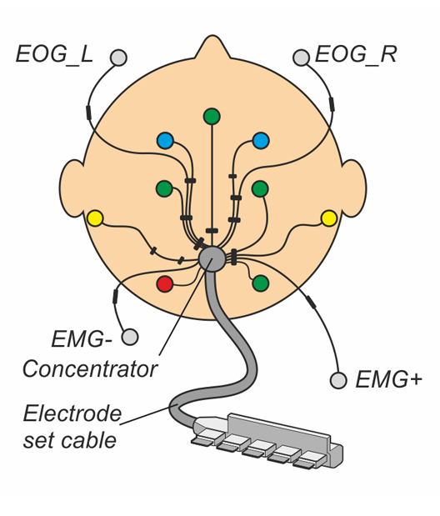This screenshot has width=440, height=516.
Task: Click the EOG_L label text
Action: (x=55, y=55)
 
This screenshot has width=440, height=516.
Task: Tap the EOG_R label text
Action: (x=356, y=54)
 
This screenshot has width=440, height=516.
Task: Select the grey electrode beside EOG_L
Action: (x=118, y=58)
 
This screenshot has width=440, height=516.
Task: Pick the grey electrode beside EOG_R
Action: (x=301, y=58)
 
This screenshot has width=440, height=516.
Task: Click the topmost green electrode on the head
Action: (x=212, y=116)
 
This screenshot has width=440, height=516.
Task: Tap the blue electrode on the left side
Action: (x=165, y=141)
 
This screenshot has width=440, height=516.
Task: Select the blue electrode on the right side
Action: (x=261, y=141)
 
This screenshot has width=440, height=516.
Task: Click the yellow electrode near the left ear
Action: (x=95, y=218)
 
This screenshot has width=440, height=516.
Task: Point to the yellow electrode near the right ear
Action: (x=329, y=218)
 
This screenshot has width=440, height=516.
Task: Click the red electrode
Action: (x=164, y=283)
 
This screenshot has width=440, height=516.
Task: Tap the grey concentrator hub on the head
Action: (x=212, y=258)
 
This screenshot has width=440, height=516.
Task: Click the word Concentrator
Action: (x=90, y=369)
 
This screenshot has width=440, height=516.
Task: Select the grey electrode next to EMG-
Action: (x=130, y=337)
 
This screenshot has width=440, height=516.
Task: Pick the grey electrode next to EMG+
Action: (x=338, y=380)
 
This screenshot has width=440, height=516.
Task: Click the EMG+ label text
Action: (x=388, y=379)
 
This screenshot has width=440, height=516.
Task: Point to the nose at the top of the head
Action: (x=212, y=47)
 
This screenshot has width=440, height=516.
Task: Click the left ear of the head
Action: (x=72, y=188)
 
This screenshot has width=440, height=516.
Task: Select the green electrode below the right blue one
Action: (x=260, y=189)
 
